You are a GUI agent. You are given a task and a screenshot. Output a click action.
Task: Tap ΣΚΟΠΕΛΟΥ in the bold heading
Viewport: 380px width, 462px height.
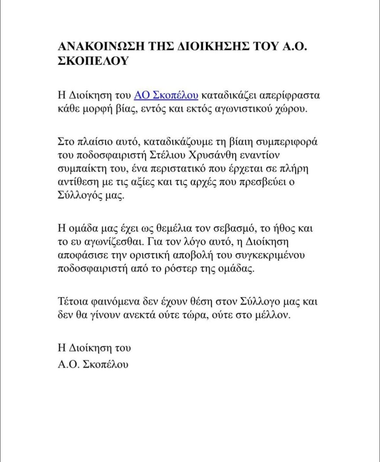point(92,62)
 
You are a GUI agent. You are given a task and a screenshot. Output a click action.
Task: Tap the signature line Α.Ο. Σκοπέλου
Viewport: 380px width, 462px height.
point(92,364)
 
